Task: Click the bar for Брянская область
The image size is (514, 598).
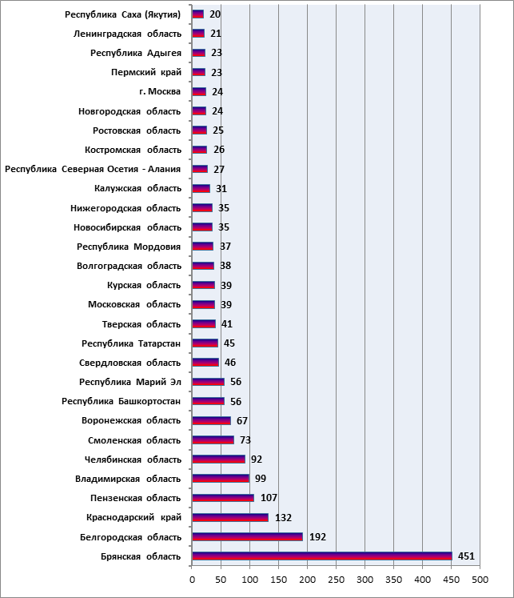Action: point(322,556)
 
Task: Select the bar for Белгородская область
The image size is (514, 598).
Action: point(248,536)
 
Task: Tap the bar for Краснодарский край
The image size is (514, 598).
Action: point(230,517)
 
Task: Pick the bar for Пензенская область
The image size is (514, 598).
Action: point(223,498)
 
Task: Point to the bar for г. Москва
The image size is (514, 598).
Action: point(199,91)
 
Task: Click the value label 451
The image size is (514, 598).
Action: point(466,556)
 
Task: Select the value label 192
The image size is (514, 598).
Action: point(317,537)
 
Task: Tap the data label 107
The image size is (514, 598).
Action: point(269,498)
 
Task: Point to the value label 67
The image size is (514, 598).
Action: point(242,420)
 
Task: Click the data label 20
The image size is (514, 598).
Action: point(215,14)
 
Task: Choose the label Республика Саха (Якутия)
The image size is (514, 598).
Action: point(122,14)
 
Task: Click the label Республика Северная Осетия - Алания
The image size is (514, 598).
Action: point(93,169)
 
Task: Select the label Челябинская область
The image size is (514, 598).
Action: point(133,460)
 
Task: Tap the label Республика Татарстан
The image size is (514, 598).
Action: point(131,343)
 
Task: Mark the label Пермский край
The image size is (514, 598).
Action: point(146,73)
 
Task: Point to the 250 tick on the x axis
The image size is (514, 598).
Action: point(337,580)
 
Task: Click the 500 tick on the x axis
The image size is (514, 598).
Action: point(480,580)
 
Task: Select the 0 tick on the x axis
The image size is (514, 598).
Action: point(193,580)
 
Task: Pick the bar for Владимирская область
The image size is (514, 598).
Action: point(221,479)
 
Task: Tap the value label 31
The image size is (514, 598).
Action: point(221,188)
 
